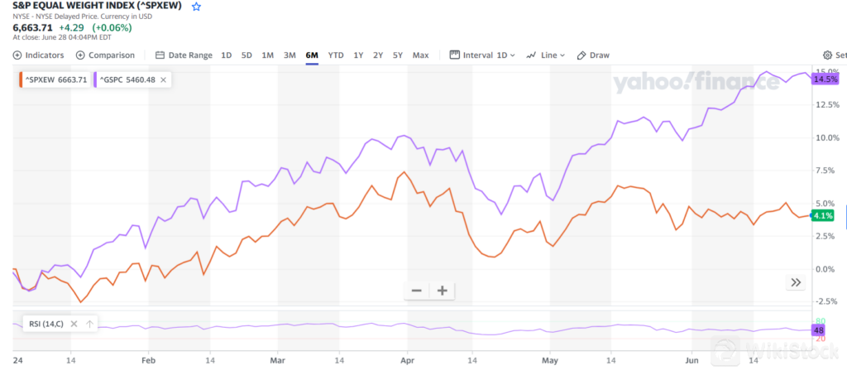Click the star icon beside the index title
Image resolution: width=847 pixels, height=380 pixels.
point(196,7)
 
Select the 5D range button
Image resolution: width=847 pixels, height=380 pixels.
point(246,55)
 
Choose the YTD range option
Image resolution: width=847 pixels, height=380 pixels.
point(336,55)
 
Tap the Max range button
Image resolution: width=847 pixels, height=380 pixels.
point(420,55)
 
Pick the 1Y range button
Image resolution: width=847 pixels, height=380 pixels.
point(358,55)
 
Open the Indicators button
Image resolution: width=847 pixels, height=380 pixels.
point(38,55)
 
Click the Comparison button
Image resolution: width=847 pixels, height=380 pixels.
point(105,55)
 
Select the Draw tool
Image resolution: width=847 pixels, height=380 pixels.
point(593,55)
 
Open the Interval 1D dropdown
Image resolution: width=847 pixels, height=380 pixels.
point(482,55)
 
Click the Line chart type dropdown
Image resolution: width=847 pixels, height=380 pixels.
point(546,55)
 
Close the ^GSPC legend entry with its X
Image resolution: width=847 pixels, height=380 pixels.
point(164,79)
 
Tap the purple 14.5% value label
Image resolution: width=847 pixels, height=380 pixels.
point(825,79)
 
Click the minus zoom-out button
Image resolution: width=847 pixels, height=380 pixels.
point(417,291)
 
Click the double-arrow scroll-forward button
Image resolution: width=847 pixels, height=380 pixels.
point(796,282)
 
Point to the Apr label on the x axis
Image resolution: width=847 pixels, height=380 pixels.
point(406,362)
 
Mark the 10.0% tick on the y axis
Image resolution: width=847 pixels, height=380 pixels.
point(827,137)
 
